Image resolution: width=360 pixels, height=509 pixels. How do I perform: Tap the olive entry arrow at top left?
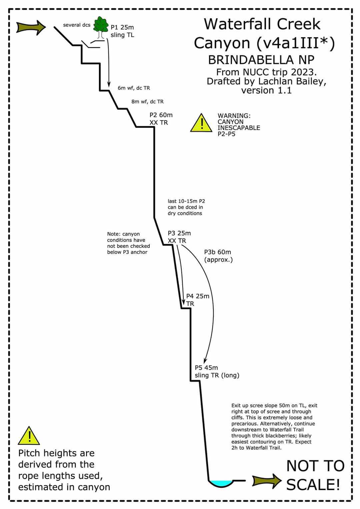coord(31,28)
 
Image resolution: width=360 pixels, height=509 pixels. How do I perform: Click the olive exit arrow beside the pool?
coord(267,481)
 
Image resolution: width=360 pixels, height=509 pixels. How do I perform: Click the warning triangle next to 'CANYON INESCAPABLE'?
coord(201,123)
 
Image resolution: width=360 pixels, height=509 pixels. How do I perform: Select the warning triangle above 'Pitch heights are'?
coord(29,436)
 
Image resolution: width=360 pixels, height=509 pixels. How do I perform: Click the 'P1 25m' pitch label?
coord(122,28)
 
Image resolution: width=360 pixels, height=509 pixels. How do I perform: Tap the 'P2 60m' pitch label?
coord(161,115)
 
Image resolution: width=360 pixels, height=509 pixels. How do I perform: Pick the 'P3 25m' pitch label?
coord(179,234)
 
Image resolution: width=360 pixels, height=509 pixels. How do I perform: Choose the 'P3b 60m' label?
coord(218,252)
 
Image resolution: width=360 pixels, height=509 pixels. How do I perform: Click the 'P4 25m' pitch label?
coord(198,296)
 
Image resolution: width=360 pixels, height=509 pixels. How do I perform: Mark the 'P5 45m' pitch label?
coord(206,368)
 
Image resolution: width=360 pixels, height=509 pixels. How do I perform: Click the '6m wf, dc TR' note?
coord(134,88)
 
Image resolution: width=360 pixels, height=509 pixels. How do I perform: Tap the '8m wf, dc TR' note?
coord(148,102)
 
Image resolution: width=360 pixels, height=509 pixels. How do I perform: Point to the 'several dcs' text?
coord(77,25)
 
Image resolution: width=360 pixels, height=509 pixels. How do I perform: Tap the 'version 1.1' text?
coord(266,90)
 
